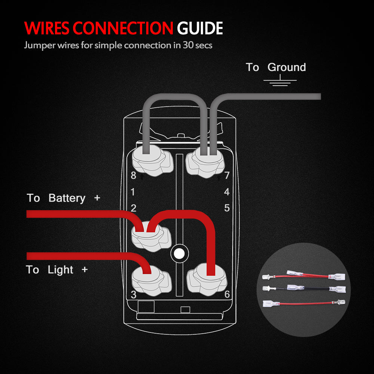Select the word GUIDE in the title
200,28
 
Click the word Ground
287,67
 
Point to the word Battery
67,198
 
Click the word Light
61,270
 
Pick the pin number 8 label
133,175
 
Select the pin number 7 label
227,175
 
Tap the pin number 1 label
133,192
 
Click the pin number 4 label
227,192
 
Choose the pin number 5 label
227,208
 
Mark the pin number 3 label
134,295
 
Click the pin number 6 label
227,294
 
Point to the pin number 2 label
134,208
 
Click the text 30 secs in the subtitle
197,46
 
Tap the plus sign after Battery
97,197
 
